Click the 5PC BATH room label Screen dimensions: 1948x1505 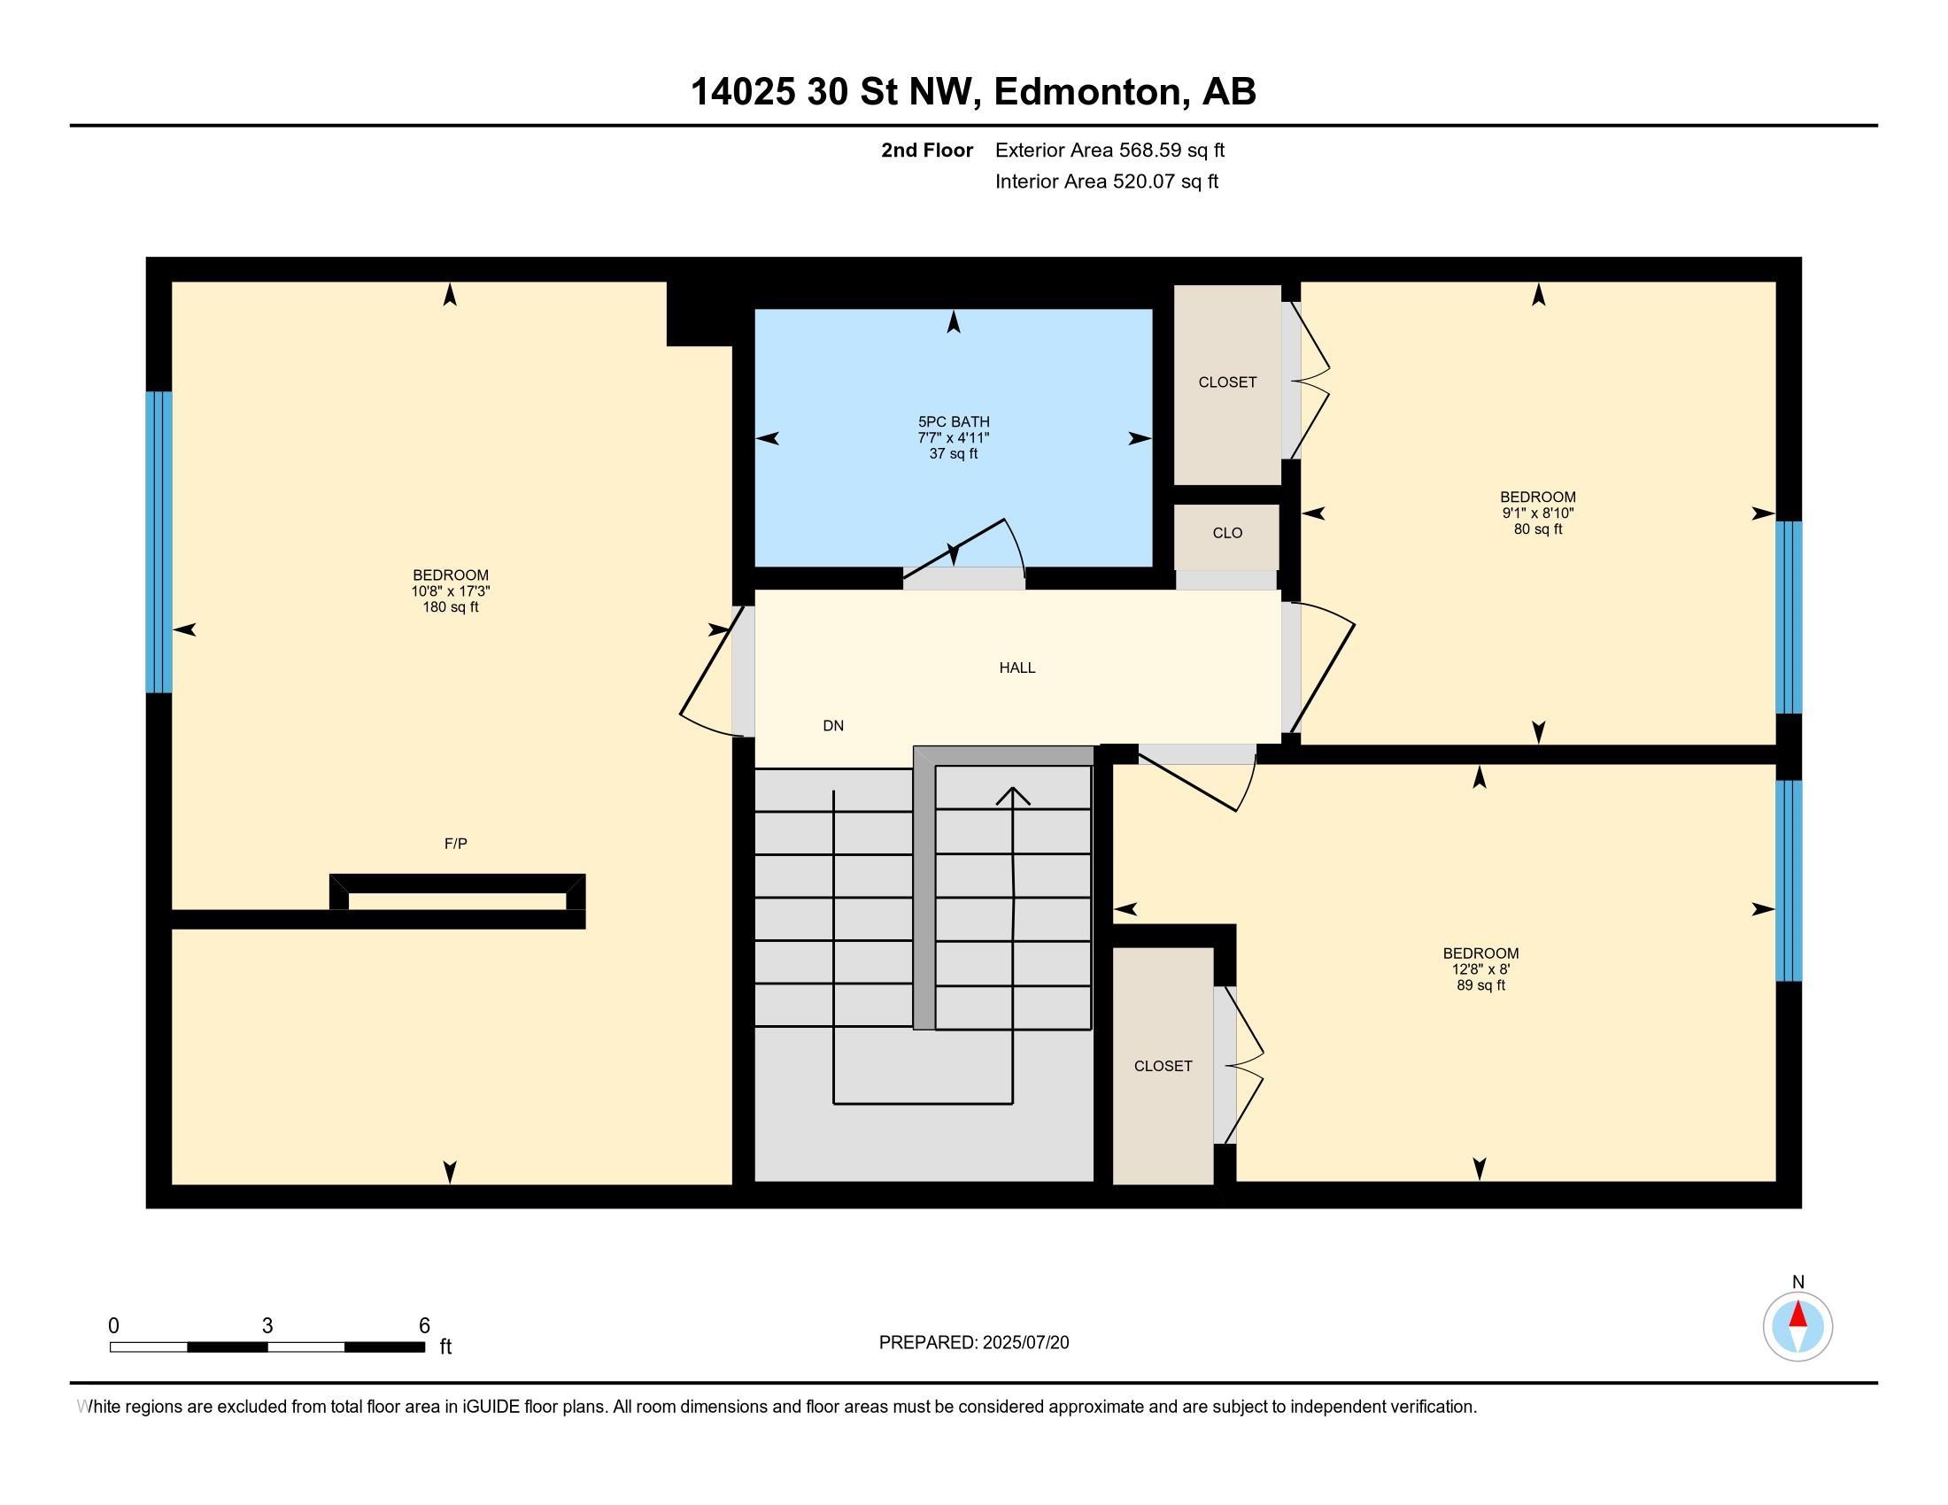pos(954,421)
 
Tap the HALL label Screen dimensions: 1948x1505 pos(1017,668)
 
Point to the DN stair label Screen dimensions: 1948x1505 pos(833,726)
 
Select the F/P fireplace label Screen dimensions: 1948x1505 pos(456,844)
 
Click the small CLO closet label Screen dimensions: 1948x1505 pos(1227,533)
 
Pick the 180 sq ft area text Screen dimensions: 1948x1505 pos(451,607)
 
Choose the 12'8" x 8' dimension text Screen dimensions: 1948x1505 pos(1480,969)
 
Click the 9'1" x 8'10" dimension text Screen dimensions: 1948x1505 pos(1538,513)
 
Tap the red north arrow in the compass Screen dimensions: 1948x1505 pos(1798,1315)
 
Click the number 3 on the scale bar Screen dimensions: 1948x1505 pos(267,1326)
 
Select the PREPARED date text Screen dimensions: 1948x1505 pos(974,1343)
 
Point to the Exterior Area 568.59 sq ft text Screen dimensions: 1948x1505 pos(1109,150)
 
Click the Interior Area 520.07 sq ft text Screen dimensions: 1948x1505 pos(1106,181)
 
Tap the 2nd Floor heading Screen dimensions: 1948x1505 pos(927,150)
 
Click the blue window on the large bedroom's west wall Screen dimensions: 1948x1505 pos(158,542)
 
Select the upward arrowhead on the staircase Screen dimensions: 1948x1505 pos(1013,796)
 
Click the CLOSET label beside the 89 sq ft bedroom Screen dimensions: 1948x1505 pos(1163,1067)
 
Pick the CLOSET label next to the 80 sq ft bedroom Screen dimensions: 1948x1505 pos(1227,382)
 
